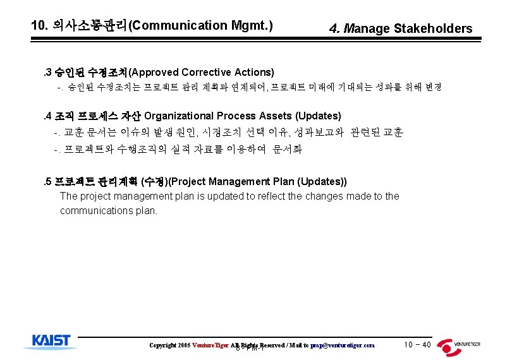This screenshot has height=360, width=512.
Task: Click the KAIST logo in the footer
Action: (x=51, y=342)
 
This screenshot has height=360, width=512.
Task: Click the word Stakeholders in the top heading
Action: (x=433, y=28)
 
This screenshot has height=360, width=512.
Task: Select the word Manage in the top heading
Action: (x=367, y=28)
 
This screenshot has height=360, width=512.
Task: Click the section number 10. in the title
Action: (x=40, y=26)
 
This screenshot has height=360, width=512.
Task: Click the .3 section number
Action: (x=46, y=72)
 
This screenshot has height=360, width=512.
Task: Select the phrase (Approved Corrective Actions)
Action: (x=201, y=72)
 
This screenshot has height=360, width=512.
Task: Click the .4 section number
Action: (x=46, y=116)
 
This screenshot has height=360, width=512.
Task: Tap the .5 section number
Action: (x=46, y=182)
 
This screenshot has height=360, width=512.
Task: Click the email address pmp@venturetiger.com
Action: (x=343, y=345)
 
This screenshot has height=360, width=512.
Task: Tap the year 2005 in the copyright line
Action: (x=183, y=345)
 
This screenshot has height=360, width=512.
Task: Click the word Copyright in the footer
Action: (x=162, y=345)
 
